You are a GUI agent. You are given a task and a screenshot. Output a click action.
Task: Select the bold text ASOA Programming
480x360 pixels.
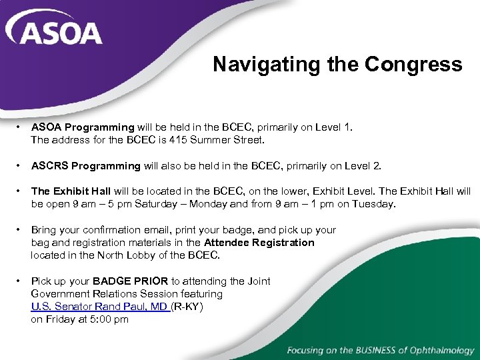coord(83,127)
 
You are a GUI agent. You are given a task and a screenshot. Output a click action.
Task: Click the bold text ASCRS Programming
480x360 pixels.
coord(86,166)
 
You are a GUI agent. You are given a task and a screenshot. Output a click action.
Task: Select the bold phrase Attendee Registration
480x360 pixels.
coord(259,243)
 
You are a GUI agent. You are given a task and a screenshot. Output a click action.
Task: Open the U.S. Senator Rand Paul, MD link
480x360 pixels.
coord(99,307)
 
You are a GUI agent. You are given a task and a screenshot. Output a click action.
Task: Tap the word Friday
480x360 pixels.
coord(61,319)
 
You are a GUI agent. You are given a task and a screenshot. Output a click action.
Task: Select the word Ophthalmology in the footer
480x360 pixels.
coord(440,350)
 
